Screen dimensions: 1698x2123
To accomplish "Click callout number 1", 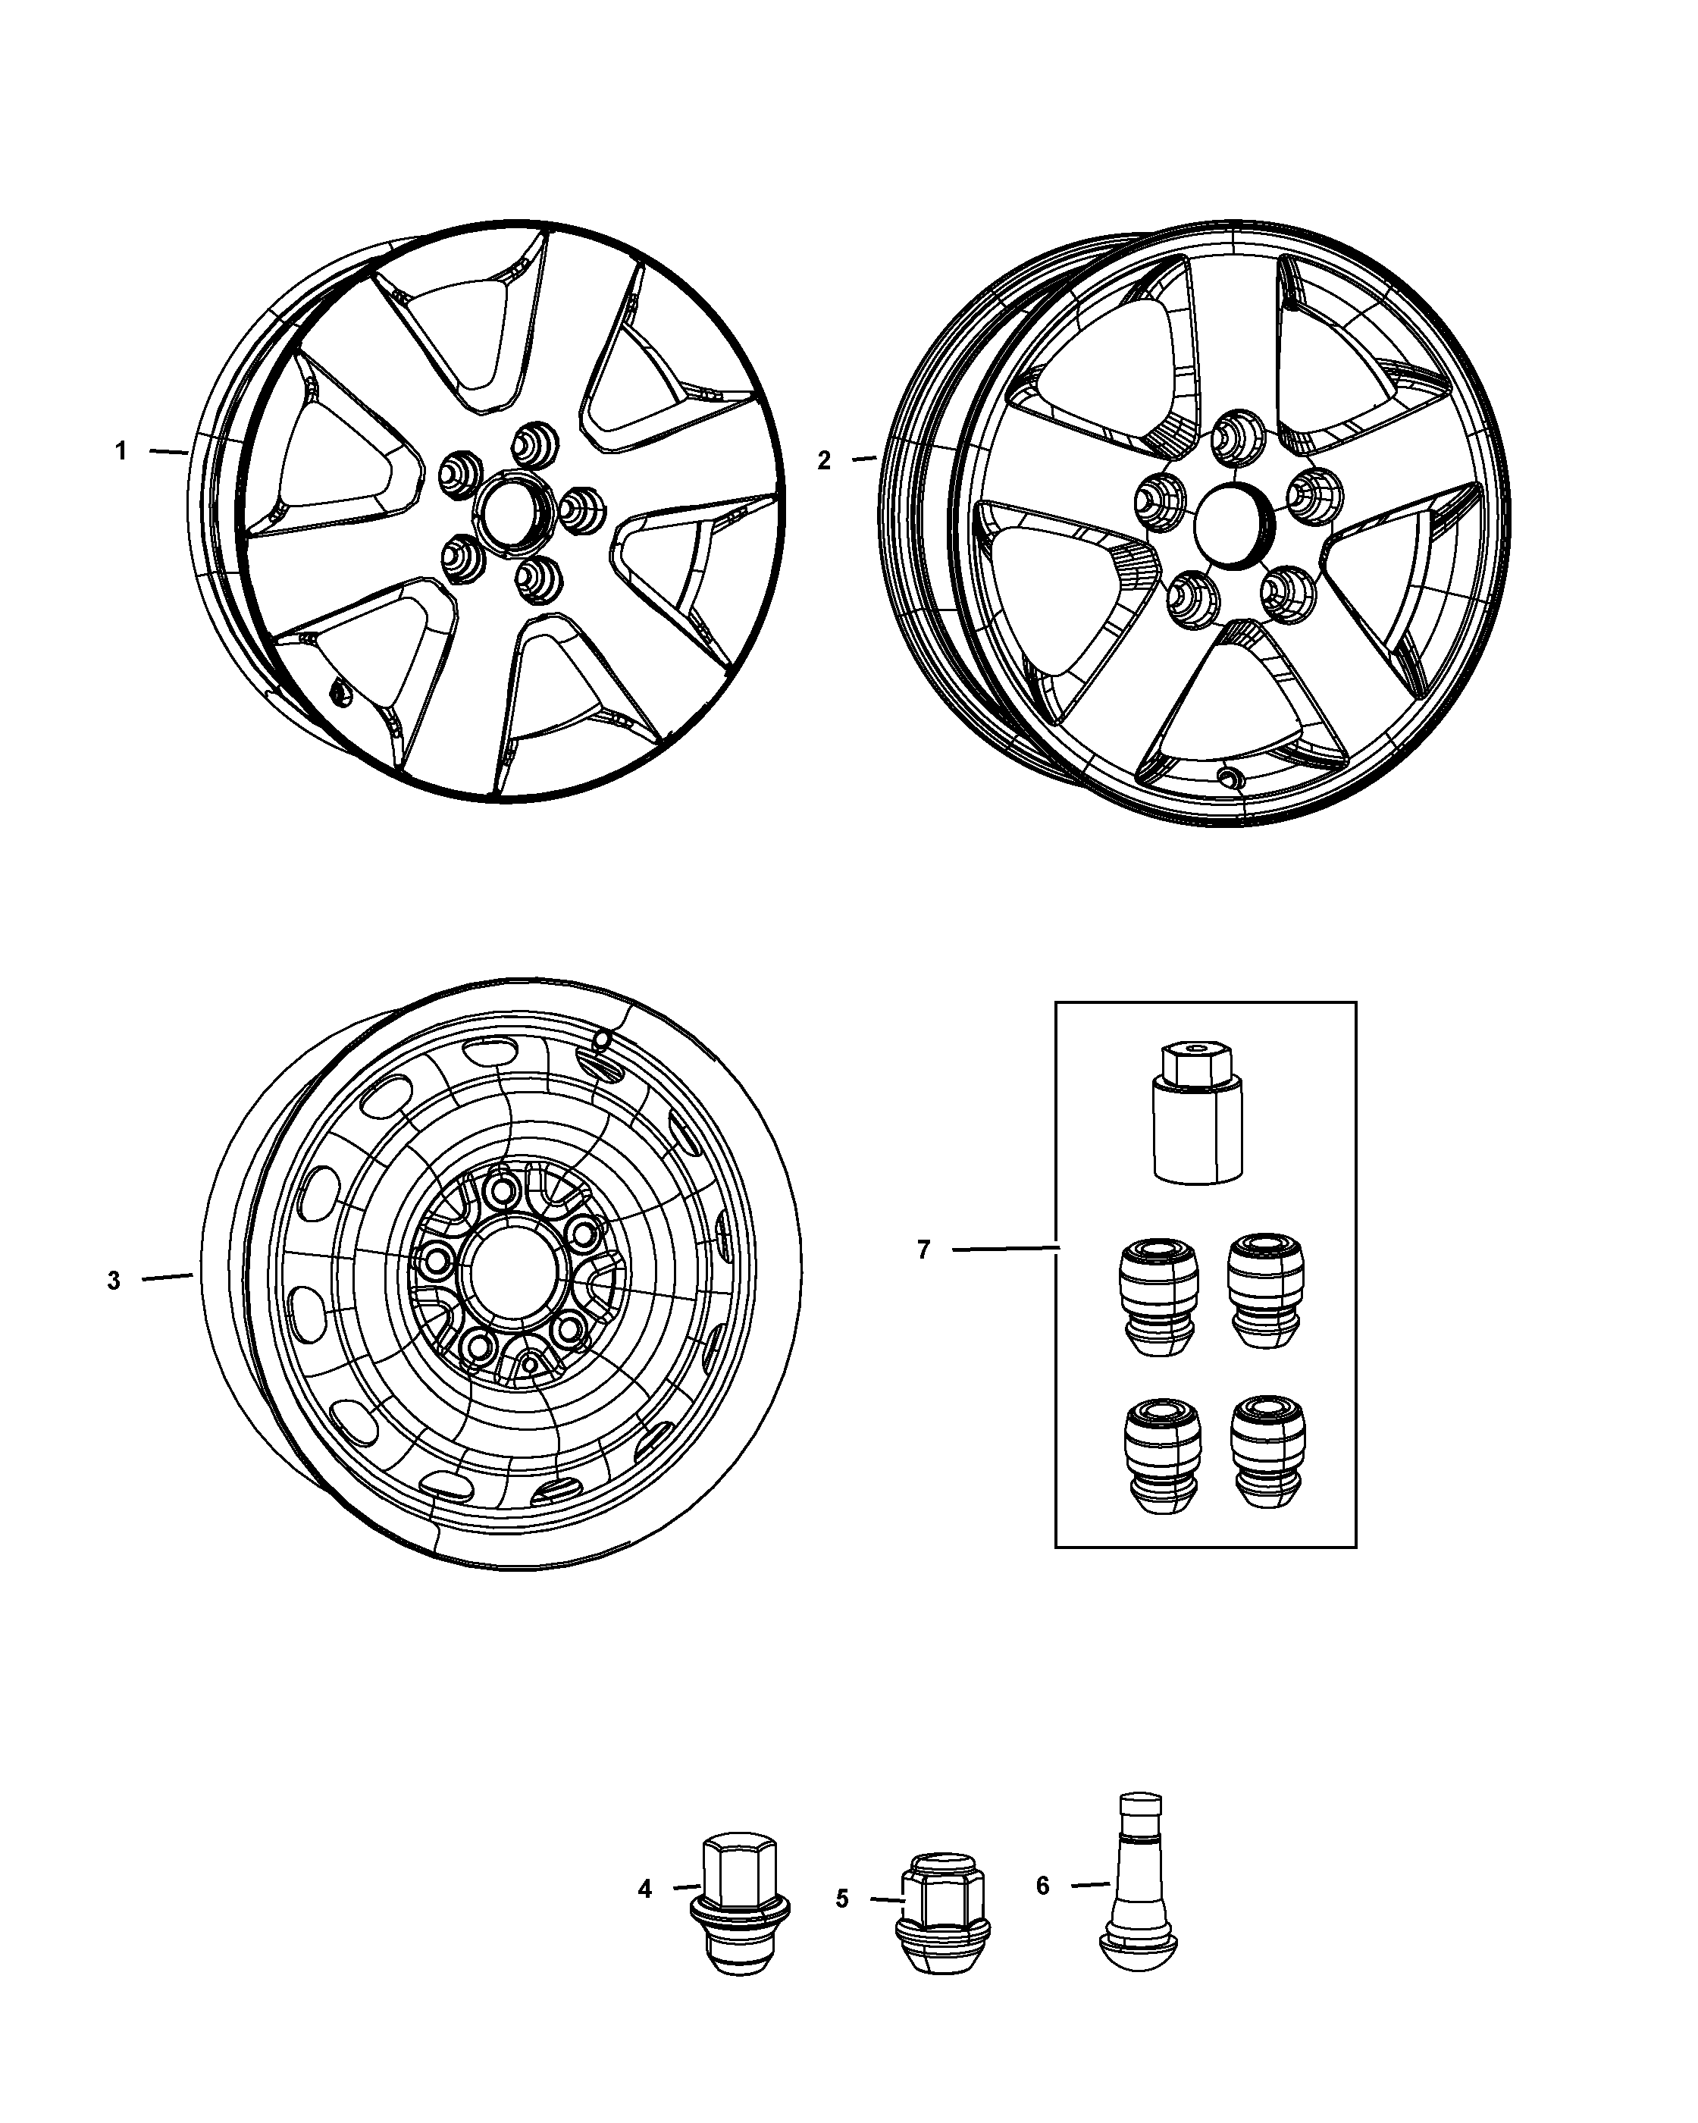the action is (x=121, y=452).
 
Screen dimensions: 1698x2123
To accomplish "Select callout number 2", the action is (x=824, y=459).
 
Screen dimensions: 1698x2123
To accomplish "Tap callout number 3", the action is (x=114, y=1280).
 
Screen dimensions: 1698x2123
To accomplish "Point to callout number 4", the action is (x=645, y=1889).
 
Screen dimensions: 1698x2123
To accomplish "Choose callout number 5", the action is (x=841, y=1899).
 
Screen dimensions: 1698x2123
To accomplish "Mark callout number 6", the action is (x=1042, y=1885).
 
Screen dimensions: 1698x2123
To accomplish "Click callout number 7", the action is (x=923, y=1250).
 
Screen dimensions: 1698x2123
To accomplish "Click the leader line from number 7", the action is (x=1004, y=1249).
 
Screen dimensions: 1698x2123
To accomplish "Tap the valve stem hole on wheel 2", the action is (x=1229, y=777).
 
